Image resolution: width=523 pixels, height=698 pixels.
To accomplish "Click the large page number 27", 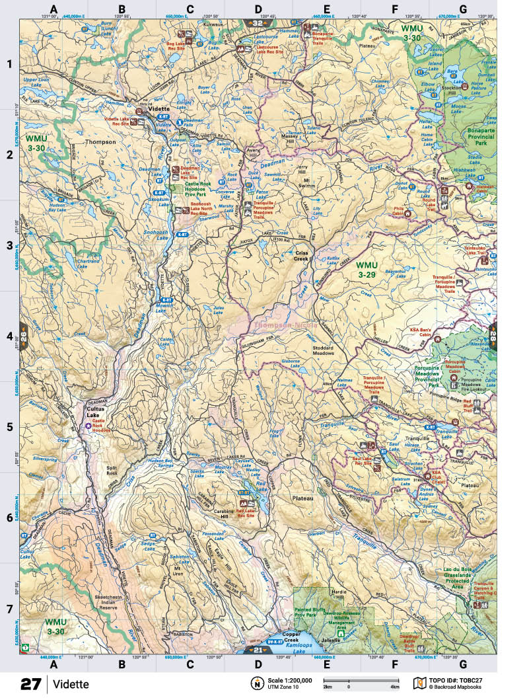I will tap(31, 683).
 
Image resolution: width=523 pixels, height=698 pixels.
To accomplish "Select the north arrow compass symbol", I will tap(255, 683).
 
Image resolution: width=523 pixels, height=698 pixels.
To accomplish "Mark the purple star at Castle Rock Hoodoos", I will tap(88, 426).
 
